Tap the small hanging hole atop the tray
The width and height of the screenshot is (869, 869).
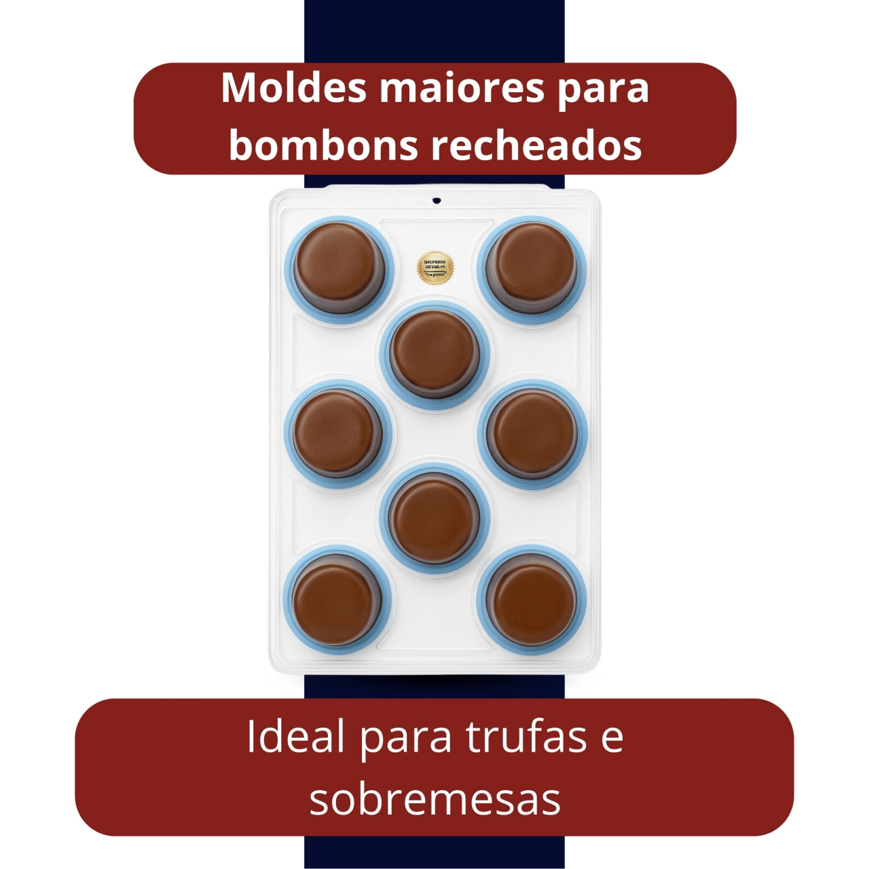click(x=437, y=200)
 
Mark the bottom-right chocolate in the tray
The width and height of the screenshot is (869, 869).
click(x=532, y=597)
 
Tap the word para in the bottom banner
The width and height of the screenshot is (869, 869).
click(x=405, y=738)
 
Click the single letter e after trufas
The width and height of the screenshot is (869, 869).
click(x=611, y=739)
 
